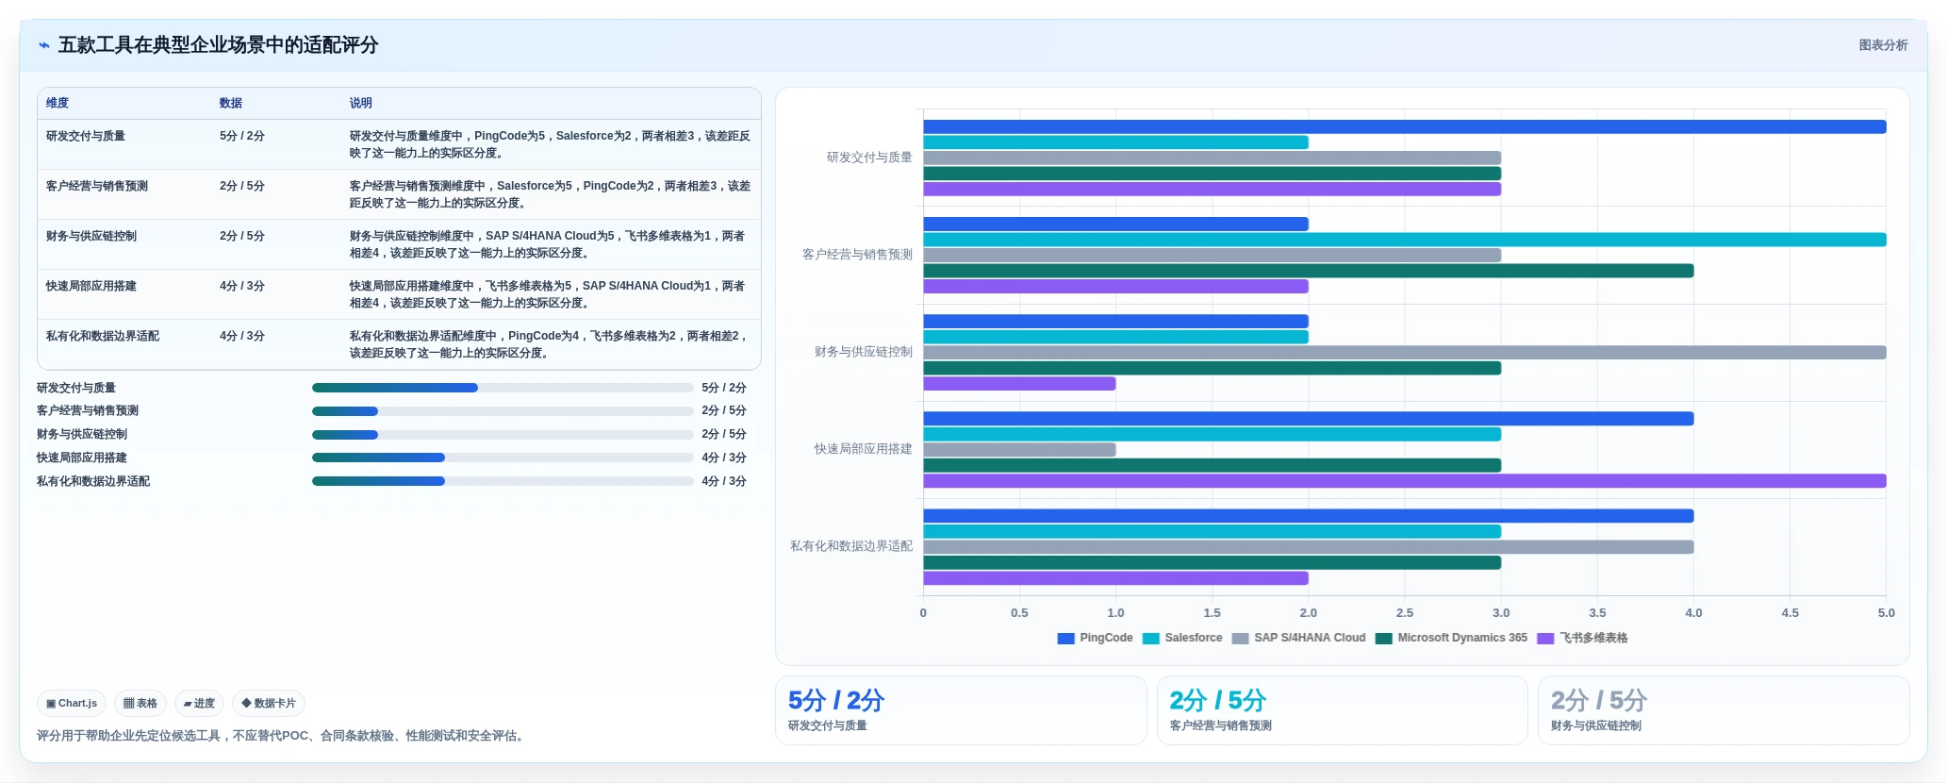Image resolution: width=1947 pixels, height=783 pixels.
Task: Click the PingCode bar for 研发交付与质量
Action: [1404, 126]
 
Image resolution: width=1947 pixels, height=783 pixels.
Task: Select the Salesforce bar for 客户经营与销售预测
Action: [1404, 240]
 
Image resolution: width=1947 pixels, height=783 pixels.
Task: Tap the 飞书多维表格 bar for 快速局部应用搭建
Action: [1404, 481]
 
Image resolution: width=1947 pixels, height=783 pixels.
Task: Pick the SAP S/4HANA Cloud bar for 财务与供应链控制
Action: [1404, 353]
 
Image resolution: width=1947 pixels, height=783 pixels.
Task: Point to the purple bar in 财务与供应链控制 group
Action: [1019, 384]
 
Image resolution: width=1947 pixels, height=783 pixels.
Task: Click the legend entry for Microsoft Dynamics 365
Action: [1451, 638]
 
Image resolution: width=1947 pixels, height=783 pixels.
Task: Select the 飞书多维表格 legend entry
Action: [1582, 638]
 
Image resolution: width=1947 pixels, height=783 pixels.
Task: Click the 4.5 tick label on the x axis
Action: [1790, 613]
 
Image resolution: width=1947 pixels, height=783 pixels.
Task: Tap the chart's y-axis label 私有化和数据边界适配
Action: [851, 546]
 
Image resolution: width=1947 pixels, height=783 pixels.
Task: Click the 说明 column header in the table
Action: [361, 103]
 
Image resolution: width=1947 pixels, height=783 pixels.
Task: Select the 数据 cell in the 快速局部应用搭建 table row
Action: [242, 286]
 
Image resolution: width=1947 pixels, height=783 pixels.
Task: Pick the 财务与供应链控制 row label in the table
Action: [91, 236]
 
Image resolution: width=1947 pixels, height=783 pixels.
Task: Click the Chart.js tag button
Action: [72, 704]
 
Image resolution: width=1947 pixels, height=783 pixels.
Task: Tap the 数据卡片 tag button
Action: [269, 704]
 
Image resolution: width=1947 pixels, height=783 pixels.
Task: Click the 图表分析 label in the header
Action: [1883, 45]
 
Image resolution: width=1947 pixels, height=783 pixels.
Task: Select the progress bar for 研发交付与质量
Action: [503, 388]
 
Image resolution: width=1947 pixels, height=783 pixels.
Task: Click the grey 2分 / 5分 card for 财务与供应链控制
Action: [1724, 710]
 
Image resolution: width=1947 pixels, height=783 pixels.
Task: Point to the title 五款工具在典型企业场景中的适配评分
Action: [218, 45]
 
